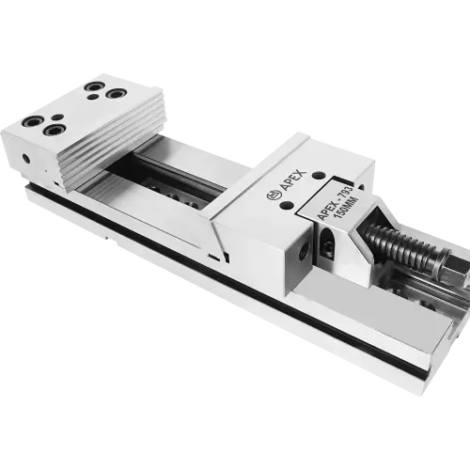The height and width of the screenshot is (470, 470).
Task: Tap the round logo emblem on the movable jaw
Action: [273, 196]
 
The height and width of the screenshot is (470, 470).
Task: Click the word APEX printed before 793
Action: [327, 211]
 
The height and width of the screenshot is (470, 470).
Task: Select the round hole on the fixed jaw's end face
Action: [26, 159]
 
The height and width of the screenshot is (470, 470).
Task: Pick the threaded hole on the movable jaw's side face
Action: [303, 252]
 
